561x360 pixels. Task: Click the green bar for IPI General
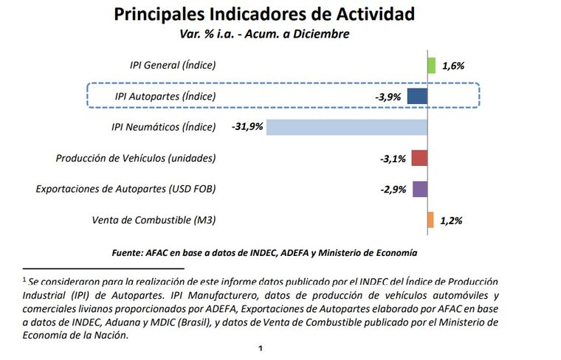pos(432,66)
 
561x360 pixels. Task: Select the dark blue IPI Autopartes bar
pos(417,97)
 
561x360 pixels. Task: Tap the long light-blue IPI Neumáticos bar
pos(347,127)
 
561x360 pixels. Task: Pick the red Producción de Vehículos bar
pos(419,158)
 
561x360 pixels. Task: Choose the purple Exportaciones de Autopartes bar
pos(420,189)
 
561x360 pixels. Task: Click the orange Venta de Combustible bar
pos(430,220)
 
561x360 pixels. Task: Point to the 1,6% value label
pos(453,66)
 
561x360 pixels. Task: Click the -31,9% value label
pos(247,127)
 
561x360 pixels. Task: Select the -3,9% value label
pos(388,97)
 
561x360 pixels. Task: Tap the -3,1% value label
pos(392,158)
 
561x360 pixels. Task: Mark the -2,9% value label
pos(393,189)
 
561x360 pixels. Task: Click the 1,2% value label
pos(452,220)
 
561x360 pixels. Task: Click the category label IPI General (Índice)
pos(173,65)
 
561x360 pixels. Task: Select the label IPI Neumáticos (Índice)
pos(164,127)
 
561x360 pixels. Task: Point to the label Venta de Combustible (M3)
pos(154,220)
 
